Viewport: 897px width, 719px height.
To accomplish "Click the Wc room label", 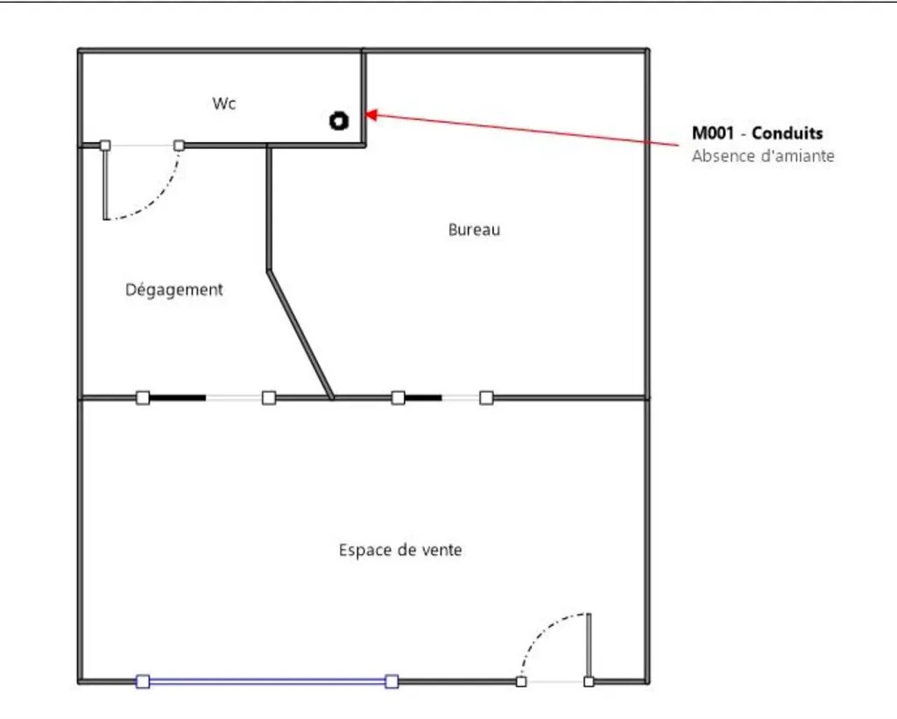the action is pyautogui.click(x=223, y=103).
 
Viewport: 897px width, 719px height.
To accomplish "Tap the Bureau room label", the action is pyautogui.click(x=474, y=230).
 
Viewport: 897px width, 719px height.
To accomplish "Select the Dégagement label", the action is pyautogui.click(x=174, y=289).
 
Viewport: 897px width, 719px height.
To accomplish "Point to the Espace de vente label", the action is pyautogui.click(x=400, y=550).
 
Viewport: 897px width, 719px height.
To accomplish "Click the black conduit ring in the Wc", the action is pyautogui.click(x=339, y=121).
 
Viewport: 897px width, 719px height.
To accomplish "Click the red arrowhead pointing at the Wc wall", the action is pyautogui.click(x=371, y=115).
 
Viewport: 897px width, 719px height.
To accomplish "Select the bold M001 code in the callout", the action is pyautogui.click(x=713, y=132).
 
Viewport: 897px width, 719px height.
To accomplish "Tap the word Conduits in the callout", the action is pyautogui.click(x=788, y=132).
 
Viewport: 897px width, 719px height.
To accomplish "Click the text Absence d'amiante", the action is pyautogui.click(x=763, y=156).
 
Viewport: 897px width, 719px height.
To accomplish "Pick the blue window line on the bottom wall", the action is pyautogui.click(x=267, y=681).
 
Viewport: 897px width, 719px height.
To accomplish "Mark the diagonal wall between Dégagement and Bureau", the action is pyautogui.click(x=300, y=334).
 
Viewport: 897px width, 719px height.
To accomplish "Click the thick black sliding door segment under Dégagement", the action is pyautogui.click(x=177, y=397).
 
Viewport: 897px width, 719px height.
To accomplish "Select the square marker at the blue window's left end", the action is pyautogui.click(x=143, y=681).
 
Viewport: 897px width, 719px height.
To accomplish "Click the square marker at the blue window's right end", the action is pyautogui.click(x=392, y=681).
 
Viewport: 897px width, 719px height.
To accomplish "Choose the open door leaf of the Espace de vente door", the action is pyautogui.click(x=590, y=645).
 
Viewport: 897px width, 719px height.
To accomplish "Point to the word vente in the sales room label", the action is pyautogui.click(x=441, y=550).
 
